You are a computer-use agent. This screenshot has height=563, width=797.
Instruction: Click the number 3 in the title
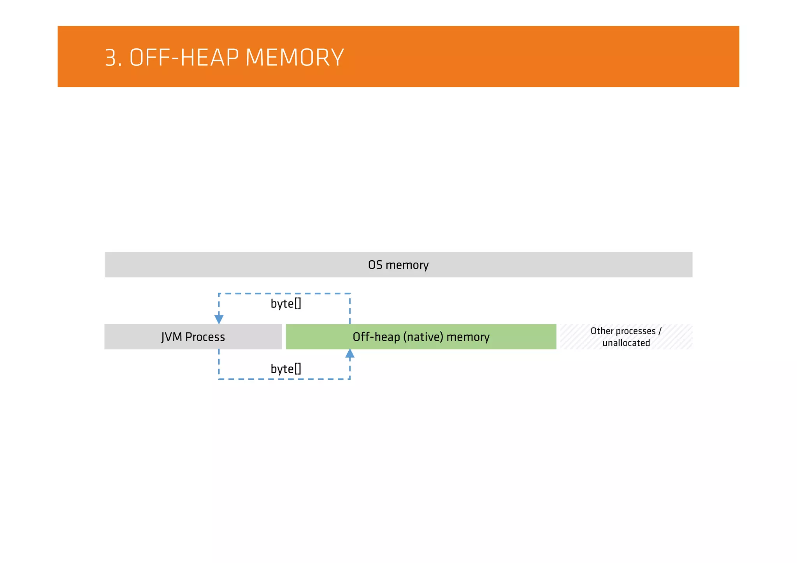tap(111, 58)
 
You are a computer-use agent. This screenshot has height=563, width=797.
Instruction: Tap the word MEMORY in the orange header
tap(295, 58)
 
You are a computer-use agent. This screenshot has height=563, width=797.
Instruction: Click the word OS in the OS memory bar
tap(375, 265)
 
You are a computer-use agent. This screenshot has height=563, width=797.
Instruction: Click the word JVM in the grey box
tap(172, 337)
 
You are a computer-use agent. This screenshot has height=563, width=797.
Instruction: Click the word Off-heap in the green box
tap(376, 337)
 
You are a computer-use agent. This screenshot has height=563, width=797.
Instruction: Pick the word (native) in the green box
tap(423, 337)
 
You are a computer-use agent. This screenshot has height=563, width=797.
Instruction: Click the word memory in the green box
tap(468, 337)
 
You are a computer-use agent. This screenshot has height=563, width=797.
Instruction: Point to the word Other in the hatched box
tap(602, 331)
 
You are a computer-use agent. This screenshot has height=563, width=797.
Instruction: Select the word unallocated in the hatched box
tap(626, 343)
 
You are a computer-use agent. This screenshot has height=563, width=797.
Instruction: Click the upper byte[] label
tap(286, 304)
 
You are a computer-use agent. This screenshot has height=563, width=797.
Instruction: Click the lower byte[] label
tap(286, 369)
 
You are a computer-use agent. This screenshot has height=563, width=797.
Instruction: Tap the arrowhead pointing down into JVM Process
tap(219, 319)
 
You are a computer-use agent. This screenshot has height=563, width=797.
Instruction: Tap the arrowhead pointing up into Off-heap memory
tap(350, 353)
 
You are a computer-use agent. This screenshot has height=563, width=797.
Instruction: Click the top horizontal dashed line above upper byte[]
tap(284, 294)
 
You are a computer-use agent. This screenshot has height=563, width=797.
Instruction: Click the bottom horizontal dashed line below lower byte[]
tap(284, 379)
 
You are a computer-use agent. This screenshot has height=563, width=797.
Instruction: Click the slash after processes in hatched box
tap(660, 331)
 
